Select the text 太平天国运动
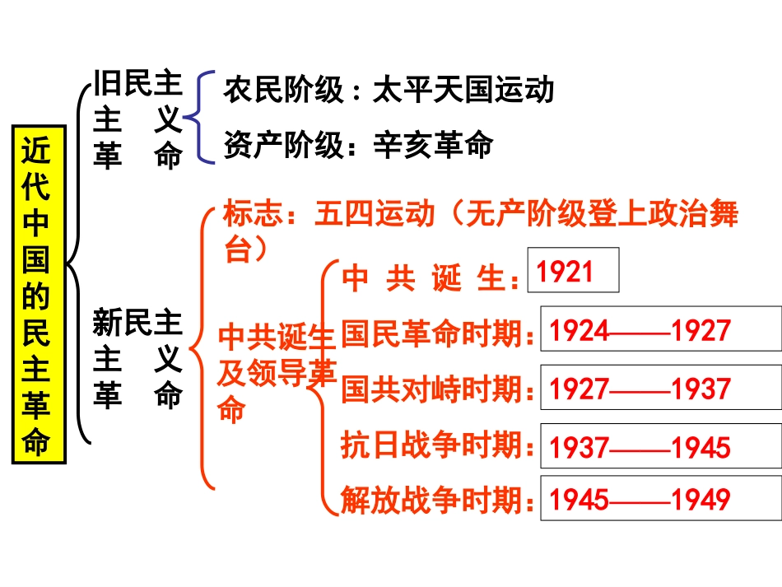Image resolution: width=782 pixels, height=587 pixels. [x=463, y=90]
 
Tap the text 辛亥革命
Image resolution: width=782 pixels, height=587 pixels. [x=433, y=145]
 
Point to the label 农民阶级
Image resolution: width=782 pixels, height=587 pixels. [x=283, y=90]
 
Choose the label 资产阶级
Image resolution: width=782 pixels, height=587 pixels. [x=283, y=145]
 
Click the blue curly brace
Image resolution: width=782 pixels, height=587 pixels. [x=198, y=117]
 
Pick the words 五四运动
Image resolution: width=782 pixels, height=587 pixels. [x=375, y=216]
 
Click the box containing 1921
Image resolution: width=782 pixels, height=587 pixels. [x=572, y=270]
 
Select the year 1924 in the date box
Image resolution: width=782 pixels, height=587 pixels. [x=579, y=331]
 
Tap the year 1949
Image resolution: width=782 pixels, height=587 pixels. [x=701, y=499]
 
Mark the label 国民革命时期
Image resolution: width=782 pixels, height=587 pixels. [x=432, y=333]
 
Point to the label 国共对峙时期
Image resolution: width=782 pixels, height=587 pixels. [x=432, y=389]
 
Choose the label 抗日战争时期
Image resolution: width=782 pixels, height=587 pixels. [x=432, y=445]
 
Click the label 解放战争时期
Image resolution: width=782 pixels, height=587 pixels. [x=432, y=500]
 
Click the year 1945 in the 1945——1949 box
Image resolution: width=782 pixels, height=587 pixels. [x=579, y=499]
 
